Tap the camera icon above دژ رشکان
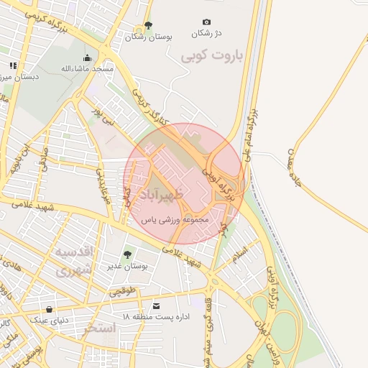(x=207, y=22)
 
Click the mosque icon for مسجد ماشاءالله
(x=88, y=58)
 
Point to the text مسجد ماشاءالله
(x=88, y=69)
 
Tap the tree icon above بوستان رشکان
(x=148, y=25)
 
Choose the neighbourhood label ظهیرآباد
(x=162, y=195)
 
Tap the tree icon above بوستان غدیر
(x=128, y=254)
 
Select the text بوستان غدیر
(x=129, y=266)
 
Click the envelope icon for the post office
(x=157, y=305)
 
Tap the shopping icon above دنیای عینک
(x=49, y=309)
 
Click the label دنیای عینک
(x=48, y=320)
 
